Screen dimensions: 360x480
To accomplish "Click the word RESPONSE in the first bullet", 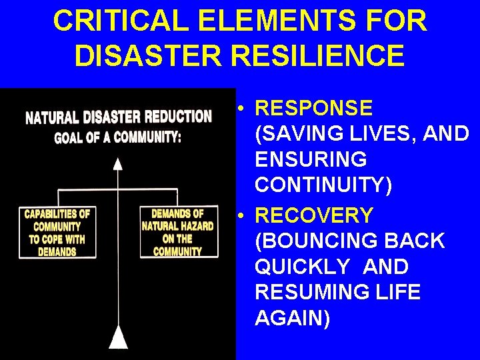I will [314, 108].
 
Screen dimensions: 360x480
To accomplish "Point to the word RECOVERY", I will [314, 215].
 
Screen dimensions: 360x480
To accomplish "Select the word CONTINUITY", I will [323, 185].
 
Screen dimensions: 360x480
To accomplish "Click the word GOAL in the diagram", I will [68, 138].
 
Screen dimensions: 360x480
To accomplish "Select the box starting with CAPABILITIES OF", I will [57, 233].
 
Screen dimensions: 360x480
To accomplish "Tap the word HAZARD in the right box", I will [197, 226].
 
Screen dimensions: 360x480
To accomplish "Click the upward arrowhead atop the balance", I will [118, 163].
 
